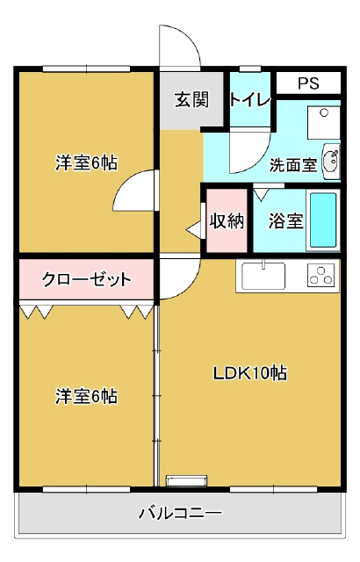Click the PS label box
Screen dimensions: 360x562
[308, 83]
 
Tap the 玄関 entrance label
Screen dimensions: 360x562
[191, 99]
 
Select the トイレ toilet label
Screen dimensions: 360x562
[249, 99]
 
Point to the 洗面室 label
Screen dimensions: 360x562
[293, 165]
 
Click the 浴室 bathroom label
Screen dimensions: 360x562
[286, 220]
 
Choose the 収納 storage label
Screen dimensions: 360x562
[227, 220]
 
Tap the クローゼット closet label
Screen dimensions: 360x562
[86, 279]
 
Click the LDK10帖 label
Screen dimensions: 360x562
[250, 373]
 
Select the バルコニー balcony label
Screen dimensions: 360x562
[180, 513]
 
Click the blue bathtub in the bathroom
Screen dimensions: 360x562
[323, 220]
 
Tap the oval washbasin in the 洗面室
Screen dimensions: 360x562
[331, 162]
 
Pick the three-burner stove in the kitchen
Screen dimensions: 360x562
[321, 275]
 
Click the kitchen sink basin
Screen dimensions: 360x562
[263, 276]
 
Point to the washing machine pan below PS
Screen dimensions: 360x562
[323, 123]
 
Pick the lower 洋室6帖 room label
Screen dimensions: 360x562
[86, 396]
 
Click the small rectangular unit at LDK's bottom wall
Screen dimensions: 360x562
[187, 480]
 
